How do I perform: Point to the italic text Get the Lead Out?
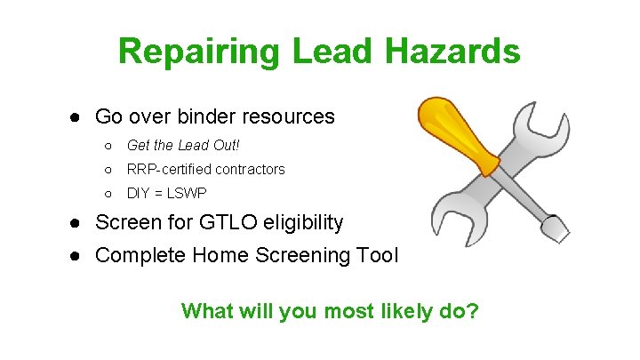[183, 145]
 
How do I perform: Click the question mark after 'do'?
[473, 311]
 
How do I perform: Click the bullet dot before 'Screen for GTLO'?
[78, 222]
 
